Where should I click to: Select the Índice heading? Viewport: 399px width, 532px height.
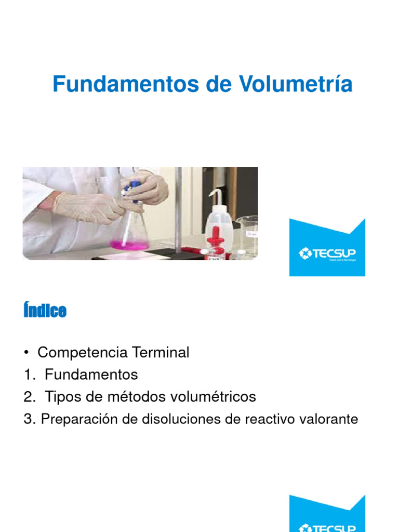pyautogui.click(x=45, y=311)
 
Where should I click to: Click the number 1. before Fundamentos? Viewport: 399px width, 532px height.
pyautogui.click(x=29, y=375)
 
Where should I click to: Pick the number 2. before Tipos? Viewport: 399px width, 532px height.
pyautogui.click(x=29, y=397)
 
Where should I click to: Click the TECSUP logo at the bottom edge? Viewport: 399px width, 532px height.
pyautogui.click(x=327, y=517)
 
